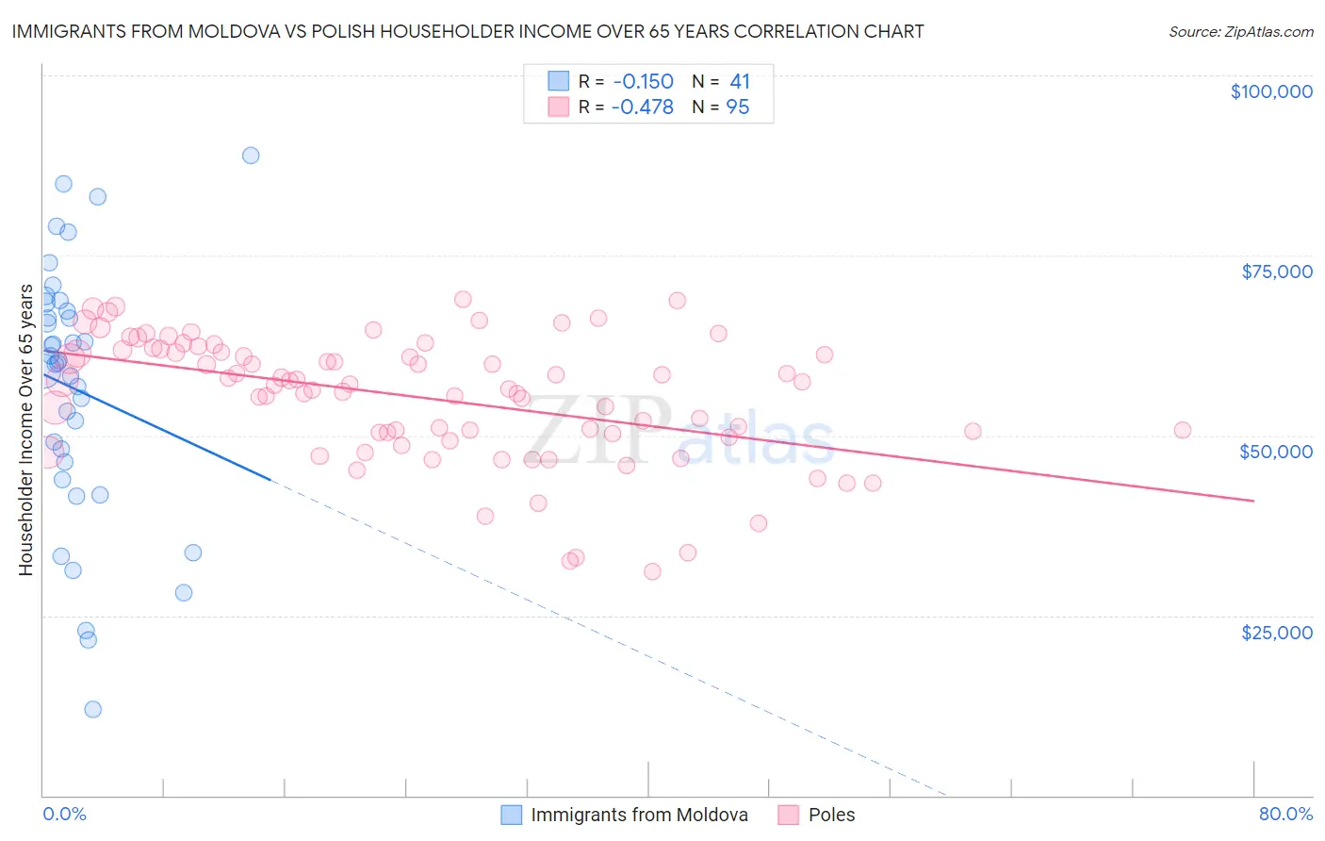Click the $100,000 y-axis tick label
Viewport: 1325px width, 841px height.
(1271, 91)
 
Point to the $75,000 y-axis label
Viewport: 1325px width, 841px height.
(1276, 272)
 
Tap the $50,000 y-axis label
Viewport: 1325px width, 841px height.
(1275, 452)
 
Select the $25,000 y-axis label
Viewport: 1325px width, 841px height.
(1276, 632)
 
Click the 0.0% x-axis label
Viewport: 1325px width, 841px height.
(64, 814)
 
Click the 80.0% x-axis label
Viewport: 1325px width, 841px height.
(1285, 814)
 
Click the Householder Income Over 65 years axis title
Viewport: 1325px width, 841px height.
(26, 430)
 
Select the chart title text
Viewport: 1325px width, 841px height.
(467, 31)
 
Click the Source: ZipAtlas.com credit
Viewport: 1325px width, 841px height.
(1240, 32)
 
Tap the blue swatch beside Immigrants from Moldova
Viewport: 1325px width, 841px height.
(511, 815)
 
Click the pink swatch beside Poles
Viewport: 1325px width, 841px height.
(789, 815)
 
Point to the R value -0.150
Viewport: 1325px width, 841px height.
(642, 81)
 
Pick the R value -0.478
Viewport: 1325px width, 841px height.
(642, 107)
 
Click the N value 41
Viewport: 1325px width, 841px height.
(740, 81)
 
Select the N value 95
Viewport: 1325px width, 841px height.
(738, 107)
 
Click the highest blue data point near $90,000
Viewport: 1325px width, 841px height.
(251, 156)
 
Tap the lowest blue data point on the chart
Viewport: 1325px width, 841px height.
(92, 709)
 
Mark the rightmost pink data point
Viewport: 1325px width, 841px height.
(1182, 430)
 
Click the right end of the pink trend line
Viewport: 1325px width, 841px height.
(1253, 501)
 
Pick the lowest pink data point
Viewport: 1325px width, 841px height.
(652, 571)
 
